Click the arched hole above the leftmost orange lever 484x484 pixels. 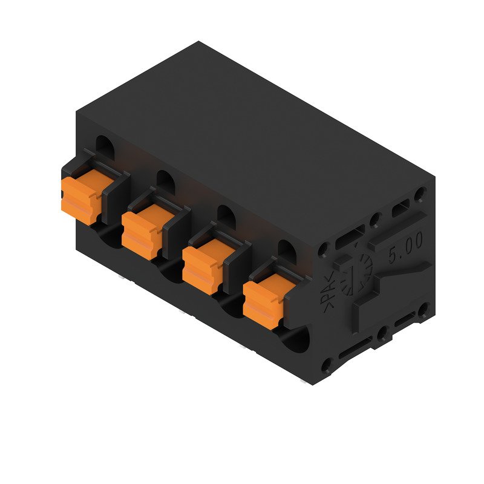pos(104,146)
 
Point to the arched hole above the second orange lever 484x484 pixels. pos(165,180)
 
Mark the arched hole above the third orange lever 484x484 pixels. pos(225,214)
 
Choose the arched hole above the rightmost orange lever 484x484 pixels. pos(286,248)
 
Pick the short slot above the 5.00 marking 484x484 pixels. pos(400,210)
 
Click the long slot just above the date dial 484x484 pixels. pos(350,236)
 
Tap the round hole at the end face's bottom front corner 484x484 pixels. pos(326,364)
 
